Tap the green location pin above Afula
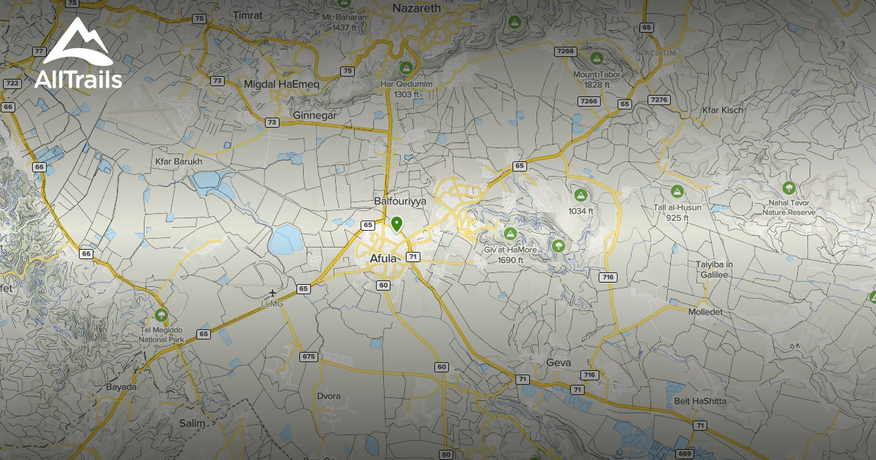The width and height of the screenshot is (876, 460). [x=397, y=223]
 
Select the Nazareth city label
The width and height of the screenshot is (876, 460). [x=418, y=8]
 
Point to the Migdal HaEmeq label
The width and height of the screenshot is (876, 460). [x=282, y=85]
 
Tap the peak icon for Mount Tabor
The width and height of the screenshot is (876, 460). [x=596, y=58]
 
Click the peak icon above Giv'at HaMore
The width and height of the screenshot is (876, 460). [x=510, y=233]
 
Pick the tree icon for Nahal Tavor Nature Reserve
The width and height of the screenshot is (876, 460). [x=788, y=188]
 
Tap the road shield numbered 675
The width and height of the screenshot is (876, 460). [x=309, y=356]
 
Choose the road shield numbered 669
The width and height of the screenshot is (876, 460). [x=684, y=453]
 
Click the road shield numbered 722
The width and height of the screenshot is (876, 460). [x=12, y=83]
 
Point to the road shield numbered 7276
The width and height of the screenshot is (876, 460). [x=659, y=99]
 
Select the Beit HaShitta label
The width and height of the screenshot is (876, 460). [x=700, y=401]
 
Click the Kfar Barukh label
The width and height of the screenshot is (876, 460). [x=178, y=161]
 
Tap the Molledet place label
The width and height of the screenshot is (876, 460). [x=705, y=311]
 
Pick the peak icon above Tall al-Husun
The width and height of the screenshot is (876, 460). [x=677, y=191]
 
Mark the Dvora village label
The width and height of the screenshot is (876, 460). [x=328, y=396]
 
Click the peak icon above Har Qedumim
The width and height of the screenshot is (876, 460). [x=407, y=68]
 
